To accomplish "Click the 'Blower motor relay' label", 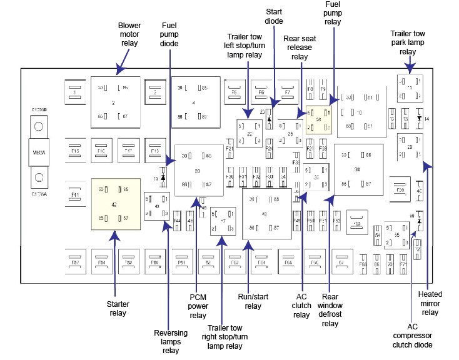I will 129,35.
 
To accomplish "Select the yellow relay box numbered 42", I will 113,204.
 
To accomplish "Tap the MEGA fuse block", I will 39,151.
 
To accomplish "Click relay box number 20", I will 198,170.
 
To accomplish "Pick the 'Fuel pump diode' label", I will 169,35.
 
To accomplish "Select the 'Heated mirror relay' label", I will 430,303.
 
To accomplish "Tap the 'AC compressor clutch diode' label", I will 411,335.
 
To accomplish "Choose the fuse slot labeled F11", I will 75,195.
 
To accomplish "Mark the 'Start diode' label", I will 274,16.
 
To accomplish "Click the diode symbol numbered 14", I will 420,118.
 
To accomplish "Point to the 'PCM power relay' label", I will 198,306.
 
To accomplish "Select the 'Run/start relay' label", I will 253,302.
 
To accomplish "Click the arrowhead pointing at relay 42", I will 114,236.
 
